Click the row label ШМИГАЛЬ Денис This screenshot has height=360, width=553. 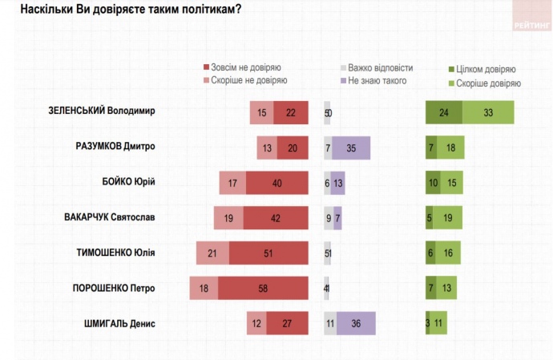click(x=119, y=323)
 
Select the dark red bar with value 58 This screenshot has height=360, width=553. click(x=263, y=289)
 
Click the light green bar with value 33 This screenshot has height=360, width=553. click(x=487, y=113)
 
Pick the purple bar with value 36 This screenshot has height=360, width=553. click(x=356, y=323)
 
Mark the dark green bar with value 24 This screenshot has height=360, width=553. click(x=443, y=113)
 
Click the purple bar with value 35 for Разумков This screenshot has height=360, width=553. click(x=351, y=148)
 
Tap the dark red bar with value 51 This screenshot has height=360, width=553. click(x=268, y=253)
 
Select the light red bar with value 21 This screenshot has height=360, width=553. click(x=212, y=253)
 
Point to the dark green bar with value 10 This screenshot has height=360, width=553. click(x=433, y=183)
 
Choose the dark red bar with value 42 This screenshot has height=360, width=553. click(x=276, y=218)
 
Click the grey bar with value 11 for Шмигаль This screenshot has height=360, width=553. click(x=330, y=323)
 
